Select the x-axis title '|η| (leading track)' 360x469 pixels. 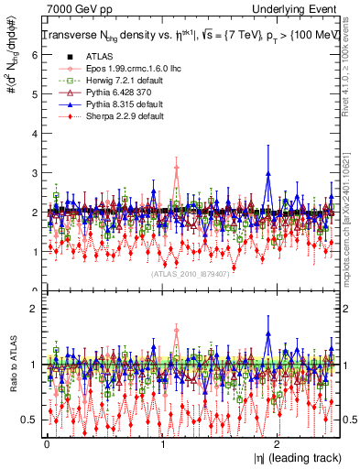tap(292, 456)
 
